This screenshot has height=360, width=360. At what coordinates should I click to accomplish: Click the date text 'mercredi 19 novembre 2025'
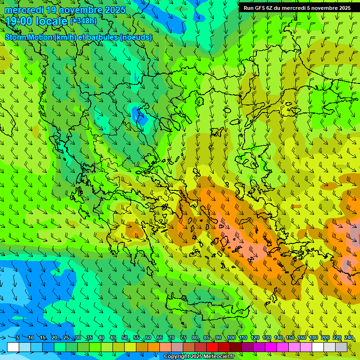coord(65,10)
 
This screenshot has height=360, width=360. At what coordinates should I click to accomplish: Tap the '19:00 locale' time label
coord(36,21)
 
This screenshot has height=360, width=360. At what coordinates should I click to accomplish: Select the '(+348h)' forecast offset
coord(83,21)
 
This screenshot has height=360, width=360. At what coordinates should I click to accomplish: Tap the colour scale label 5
coord(18,338)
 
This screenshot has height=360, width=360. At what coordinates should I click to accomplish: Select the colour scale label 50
coord(125,338)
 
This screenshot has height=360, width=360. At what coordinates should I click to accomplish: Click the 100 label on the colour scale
coord(231,338)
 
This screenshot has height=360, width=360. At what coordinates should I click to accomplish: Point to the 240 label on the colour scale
coord(348,338)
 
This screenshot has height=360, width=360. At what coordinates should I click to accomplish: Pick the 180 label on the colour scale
coord(313,338)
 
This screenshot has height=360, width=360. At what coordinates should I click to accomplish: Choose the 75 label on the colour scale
coord(183,338)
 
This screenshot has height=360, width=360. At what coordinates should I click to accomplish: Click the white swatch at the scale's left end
coord(13,347)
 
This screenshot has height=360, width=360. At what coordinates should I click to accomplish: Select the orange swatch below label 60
coord(154,347)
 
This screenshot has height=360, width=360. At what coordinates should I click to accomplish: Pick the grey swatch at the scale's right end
coord(341,347)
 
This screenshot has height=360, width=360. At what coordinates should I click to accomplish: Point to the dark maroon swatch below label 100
coord(236,347)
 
